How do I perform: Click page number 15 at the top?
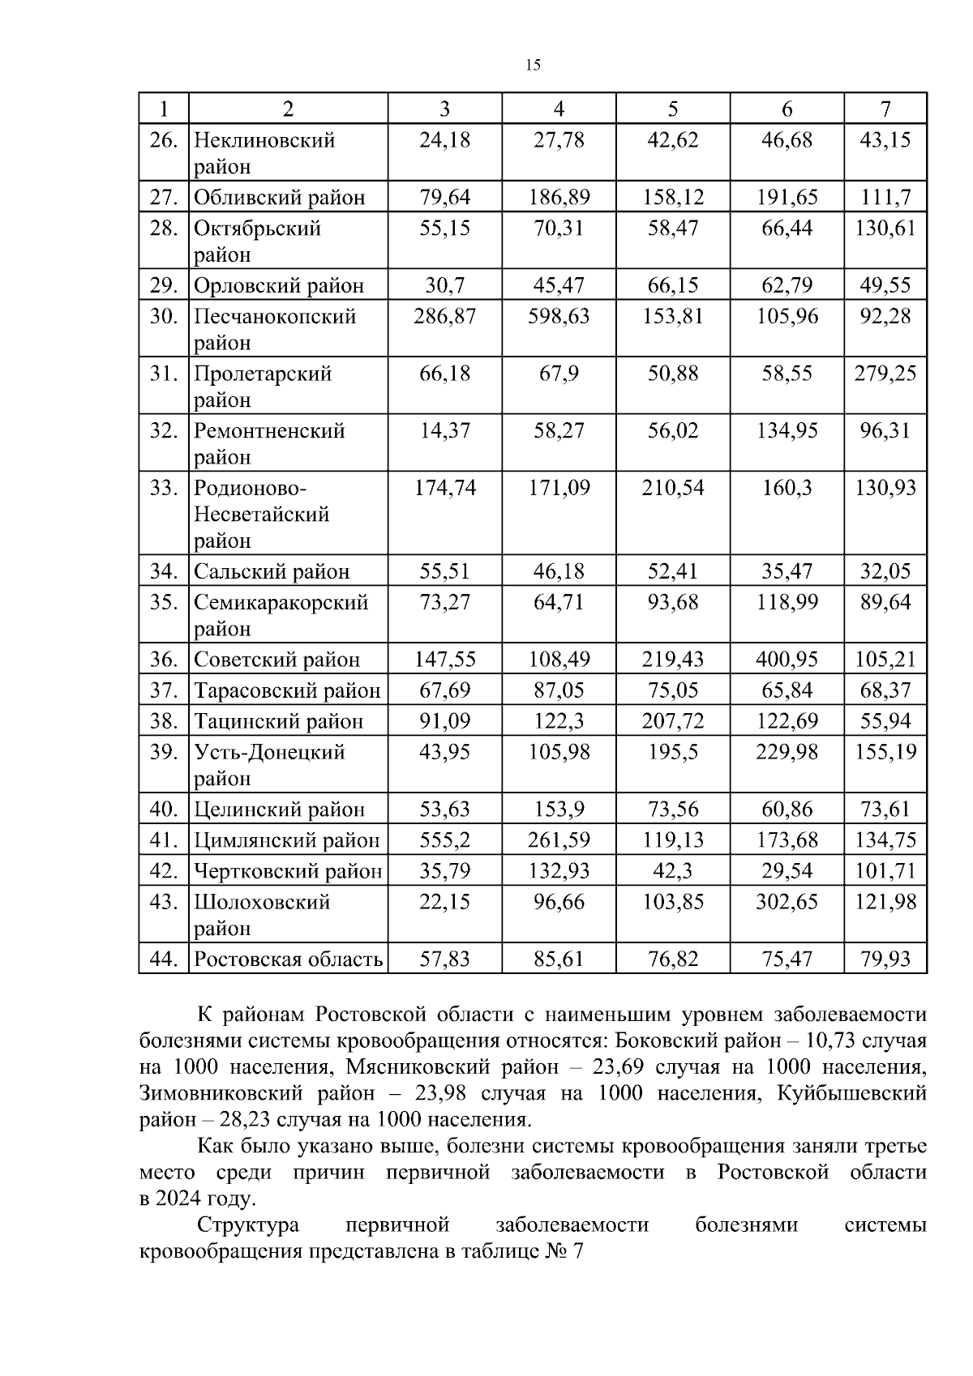pyautogui.click(x=533, y=66)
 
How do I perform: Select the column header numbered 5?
pyautogui.click(x=672, y=109)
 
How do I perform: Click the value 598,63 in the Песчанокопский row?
pyautogui.click(x=559, y=316)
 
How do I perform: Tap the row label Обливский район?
pyautogui.click(x=279, y=197)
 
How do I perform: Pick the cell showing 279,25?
pyautogui.click(x=885, y=374)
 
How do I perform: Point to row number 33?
pyautogui.click(x=163, y=488)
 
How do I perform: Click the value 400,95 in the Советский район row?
pyautogui.click(x=787, y=660)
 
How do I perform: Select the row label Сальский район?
pyautogui.click(x=271, y=572)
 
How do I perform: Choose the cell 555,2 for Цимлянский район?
pyautogui.click(x=444, y=840)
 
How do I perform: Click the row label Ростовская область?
pyautogui.click(x=288, y=959)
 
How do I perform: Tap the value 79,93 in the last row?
pyautogui.click(x=885, y=959)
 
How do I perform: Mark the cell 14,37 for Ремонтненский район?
pyautogui.click(x=444, y=430)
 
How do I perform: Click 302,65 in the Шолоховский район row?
pyautogui.click(x=787, y=902)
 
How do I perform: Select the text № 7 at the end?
pyautogui.click(x=565, y=1251)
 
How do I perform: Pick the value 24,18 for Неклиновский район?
pyautogui.click(x=444, y=140)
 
